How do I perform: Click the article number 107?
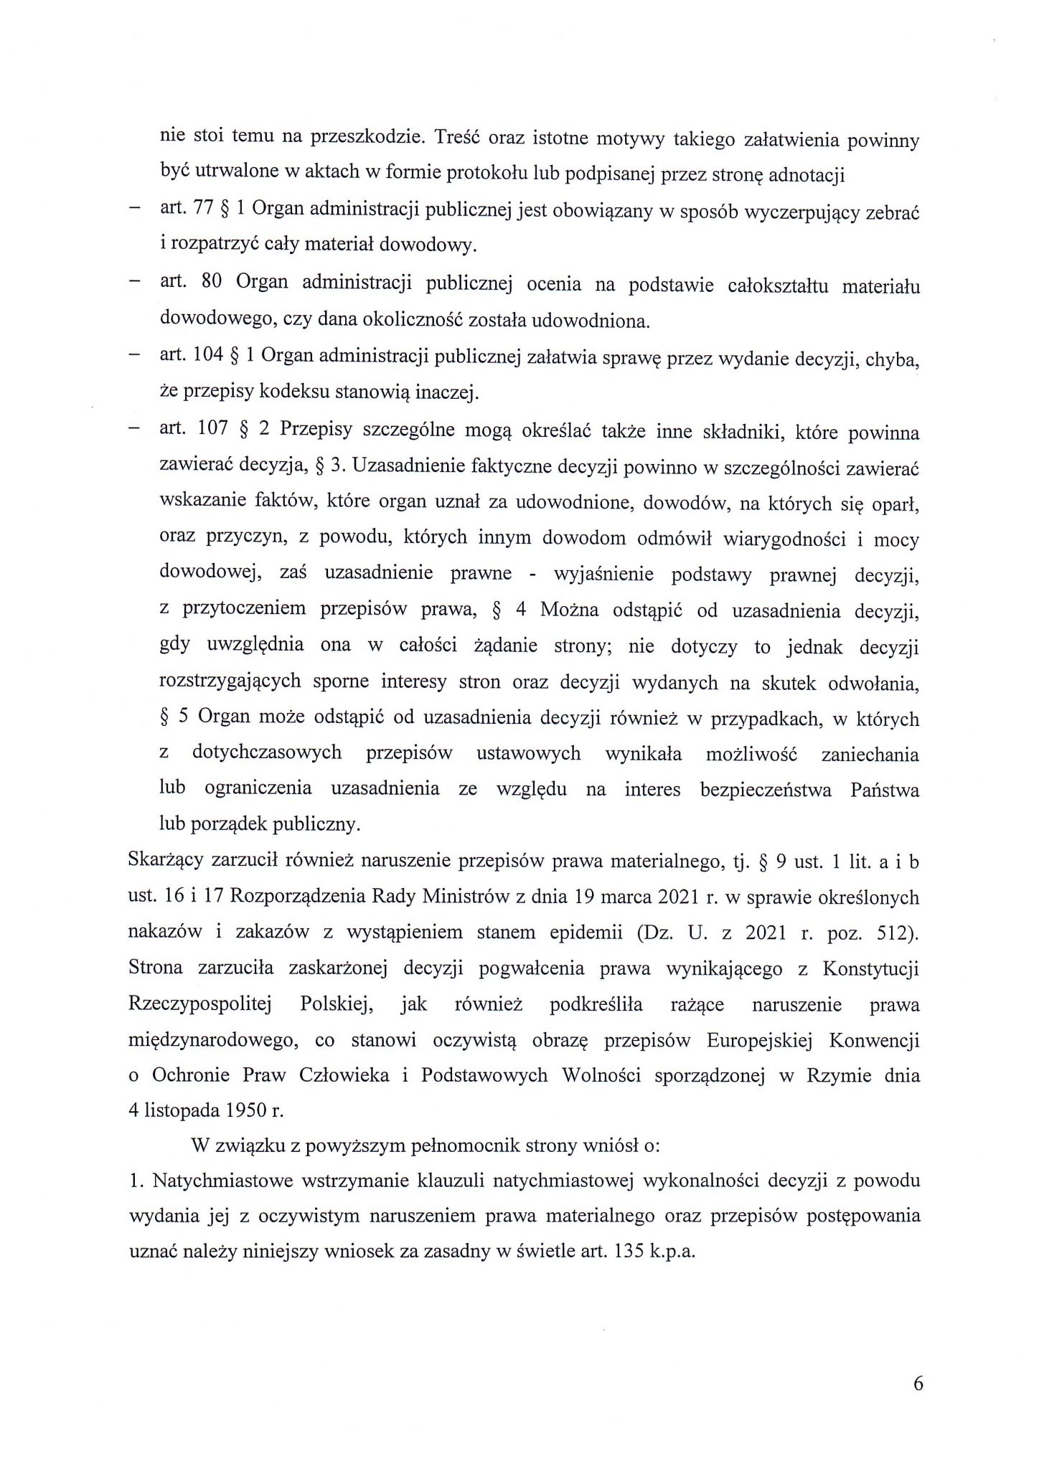coord(212,431)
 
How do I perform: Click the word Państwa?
coord(884,789)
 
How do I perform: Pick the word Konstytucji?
coord(870,968)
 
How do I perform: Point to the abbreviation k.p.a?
coord(672,1253)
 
